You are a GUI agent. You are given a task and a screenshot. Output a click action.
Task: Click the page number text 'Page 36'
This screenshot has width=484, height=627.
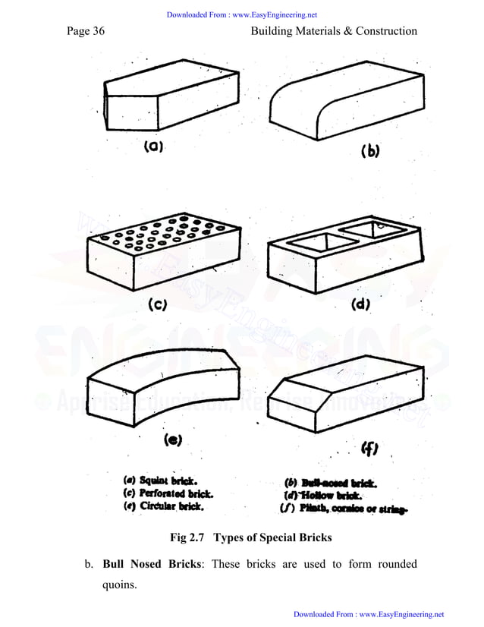(85, 31)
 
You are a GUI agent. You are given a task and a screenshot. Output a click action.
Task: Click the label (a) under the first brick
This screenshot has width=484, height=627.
(155, 147)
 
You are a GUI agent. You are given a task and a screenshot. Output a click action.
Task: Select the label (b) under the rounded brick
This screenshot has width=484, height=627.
(369, 150)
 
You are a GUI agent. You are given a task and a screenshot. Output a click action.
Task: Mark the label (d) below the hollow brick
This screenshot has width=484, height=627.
(359, 305)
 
